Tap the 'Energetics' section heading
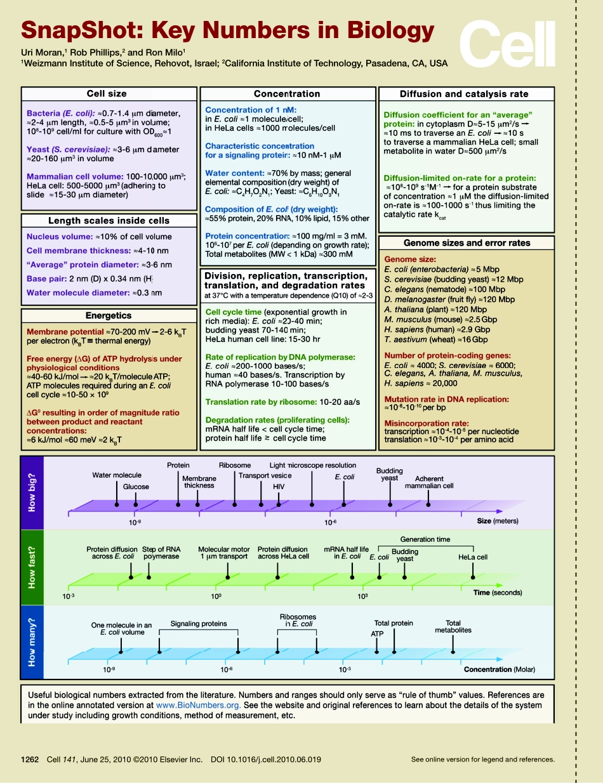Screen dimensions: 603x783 [109, 315]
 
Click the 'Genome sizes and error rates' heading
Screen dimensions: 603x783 [467, 243]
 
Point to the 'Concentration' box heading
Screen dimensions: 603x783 [287, 94]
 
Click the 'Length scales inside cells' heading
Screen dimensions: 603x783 [109, 221]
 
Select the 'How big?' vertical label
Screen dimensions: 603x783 [32, 493]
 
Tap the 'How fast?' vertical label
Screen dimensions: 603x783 [32, 566]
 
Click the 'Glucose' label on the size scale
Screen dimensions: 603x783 [136, 487]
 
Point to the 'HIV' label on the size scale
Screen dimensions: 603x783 [279, 486]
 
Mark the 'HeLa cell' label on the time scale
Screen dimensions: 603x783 [473, 557]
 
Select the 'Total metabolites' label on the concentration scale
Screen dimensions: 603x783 [453, 627]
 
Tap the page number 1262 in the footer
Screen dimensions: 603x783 [30, 760]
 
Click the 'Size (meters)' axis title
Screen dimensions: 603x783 [498, 522]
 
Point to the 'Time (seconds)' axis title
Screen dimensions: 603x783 [497, 593]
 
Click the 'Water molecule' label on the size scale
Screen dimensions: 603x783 [117, 475]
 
